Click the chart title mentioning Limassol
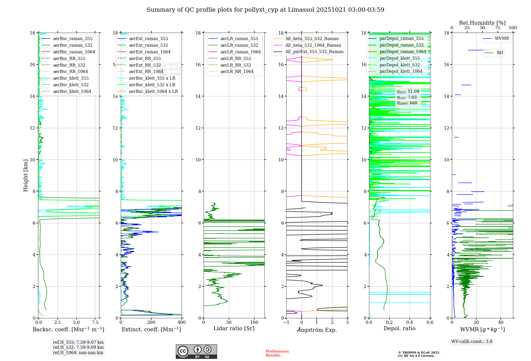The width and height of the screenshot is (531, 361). coord(265,10)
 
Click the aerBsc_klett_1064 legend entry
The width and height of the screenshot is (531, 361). coord(72,91)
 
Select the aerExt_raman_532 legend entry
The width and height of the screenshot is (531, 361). coord(148,45)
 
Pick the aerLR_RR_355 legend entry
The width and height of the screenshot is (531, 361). coord(235,58)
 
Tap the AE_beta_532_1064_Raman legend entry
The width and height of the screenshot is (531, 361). coord(313,45)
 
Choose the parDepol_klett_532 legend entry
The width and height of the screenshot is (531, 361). coord(400,65)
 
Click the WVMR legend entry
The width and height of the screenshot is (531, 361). coord(502,38)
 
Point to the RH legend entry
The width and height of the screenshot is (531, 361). coord(500,53)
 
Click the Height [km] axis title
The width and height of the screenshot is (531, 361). coord(25,175)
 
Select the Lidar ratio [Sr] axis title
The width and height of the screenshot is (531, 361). coord(234,328)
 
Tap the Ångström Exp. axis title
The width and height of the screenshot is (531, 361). coord(317,330)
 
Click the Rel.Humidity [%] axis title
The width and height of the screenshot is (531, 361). coord(482,23)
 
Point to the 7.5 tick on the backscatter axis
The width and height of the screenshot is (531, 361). coord(95,323)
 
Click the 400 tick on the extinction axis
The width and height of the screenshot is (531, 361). coord(182,323)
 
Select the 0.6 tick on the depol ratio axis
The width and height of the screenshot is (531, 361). coord(430,323)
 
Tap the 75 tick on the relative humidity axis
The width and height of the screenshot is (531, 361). coord(498,28)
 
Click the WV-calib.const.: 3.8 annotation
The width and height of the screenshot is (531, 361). coord(472,342)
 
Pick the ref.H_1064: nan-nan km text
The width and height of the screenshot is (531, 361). coord(78,353)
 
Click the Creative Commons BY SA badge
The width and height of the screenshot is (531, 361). coord(196,351)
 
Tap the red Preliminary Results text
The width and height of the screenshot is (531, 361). coord(277,353)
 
